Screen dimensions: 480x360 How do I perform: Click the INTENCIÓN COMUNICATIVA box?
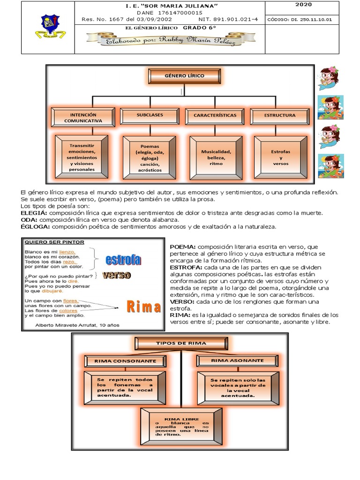83,117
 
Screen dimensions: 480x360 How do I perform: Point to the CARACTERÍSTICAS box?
215,115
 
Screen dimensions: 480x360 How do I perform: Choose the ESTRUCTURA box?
279,115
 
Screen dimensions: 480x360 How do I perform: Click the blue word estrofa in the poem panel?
123,259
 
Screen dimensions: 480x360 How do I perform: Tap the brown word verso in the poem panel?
116,275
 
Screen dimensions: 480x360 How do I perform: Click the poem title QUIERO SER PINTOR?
54,242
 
